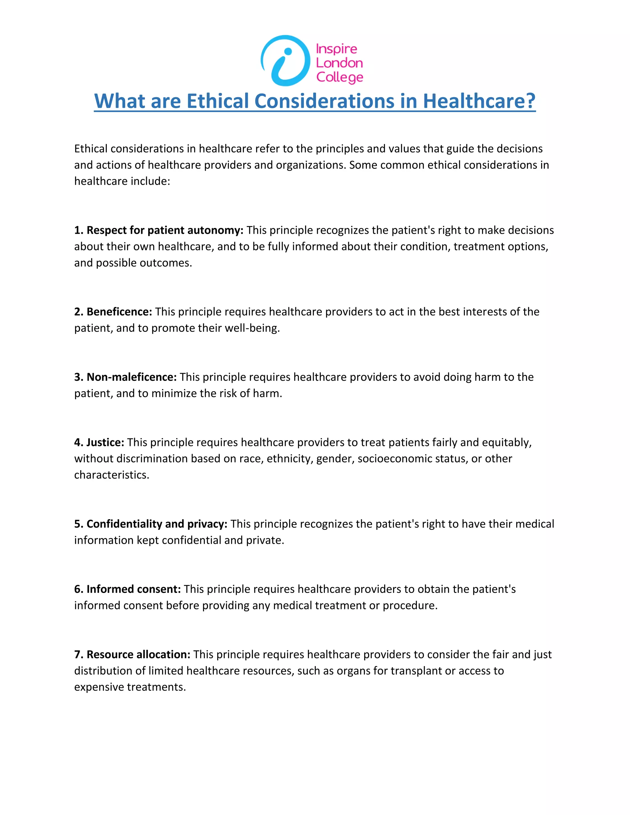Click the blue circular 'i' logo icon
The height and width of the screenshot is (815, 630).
pos(285,61)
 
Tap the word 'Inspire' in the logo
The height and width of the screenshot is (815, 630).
pos(336,49)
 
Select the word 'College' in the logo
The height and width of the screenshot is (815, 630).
pos(340,77)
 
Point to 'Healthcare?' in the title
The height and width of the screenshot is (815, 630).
pos(479,101)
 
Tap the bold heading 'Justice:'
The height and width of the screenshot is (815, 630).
pos(105,442)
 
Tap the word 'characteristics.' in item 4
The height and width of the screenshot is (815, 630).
pos(112,475)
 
